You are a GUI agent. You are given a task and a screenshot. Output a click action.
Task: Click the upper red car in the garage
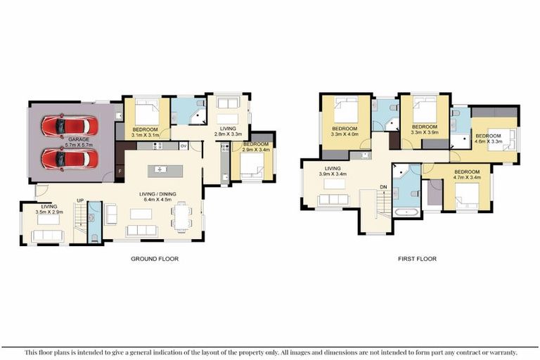click(x=65, y=127)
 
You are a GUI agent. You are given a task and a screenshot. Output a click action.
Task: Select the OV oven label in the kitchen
click(x=184, y=146)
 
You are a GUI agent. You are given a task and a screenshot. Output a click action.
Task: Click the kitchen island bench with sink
click(x=160, y=169)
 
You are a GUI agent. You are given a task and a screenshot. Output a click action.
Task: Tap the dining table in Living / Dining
click(x=183, y=215)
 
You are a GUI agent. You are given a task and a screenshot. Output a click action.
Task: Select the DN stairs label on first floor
click(x=383, y=186)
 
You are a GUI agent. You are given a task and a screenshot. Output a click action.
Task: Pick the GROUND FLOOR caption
click(x=155, y=259)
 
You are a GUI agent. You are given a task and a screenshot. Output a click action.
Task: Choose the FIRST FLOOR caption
click(x=416, y=259)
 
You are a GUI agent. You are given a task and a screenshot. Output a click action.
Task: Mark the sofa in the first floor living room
click(x=334, y=200)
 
